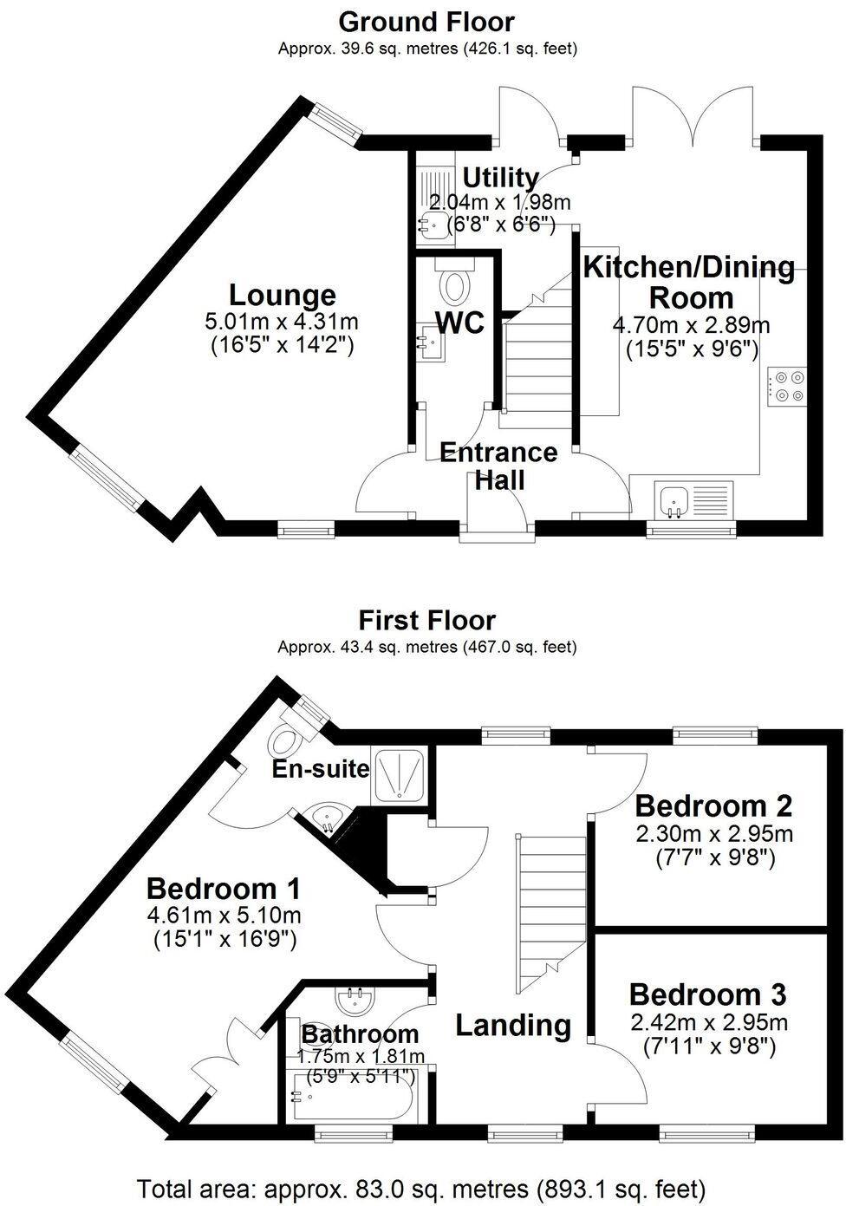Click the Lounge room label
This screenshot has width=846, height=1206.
coord(282,295)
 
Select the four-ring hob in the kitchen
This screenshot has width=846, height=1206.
coord(786,386)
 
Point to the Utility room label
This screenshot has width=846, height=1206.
coord(500,178)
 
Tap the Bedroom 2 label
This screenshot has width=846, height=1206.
coord(714,806)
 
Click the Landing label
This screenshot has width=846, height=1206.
coord(513,1025)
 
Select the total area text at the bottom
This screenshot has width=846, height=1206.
coord(422,1188)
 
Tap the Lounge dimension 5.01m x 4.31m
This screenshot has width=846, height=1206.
coord(282,322)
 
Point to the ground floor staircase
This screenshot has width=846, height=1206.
coord(536,355)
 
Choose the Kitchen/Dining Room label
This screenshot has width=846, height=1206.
coord(690,283)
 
